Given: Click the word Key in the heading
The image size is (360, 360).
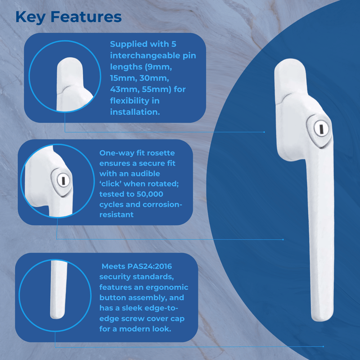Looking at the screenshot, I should [30, 17].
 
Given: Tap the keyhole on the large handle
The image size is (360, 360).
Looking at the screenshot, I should [317, 130].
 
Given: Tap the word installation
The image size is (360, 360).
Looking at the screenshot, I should [135, 111].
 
